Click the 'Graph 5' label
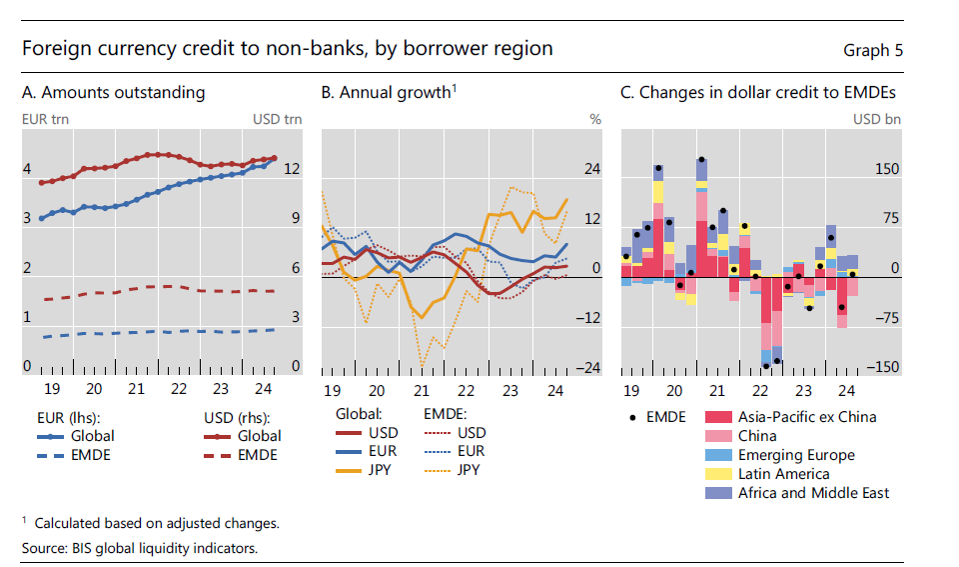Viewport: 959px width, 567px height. click(x=872, y=51)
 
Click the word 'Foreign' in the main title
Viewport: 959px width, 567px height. click(x=55, y=49)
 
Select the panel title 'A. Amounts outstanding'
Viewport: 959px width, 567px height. click(x=113, y=93)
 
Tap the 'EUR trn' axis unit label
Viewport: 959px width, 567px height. click(x=45, y=119)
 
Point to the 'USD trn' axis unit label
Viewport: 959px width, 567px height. click(x=277, y=119)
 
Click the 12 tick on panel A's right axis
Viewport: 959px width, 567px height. click(x=291, y=169)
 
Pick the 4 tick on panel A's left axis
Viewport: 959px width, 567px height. click(x=27, y=169)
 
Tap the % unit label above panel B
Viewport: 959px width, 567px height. click(x=595, y=119)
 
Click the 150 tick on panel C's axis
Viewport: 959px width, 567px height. click(x=887, y=169)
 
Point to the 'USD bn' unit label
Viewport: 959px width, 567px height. click(x=877, y=119)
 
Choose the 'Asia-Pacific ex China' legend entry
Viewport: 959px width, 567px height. click(x=807, y=417)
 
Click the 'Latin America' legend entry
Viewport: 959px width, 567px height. click(x=783, y=474)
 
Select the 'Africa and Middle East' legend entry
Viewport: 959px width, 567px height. click(x=813, y=493)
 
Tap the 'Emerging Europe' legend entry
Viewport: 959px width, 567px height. click(x=796, y=455)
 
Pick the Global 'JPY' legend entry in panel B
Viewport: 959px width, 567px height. click(x=379, y=469)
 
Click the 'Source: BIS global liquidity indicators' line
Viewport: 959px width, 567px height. click(x=139, y=549)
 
